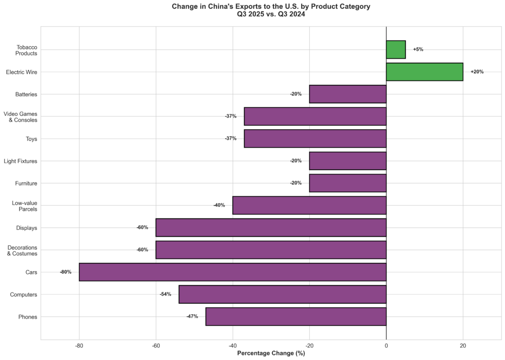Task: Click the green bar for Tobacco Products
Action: click(396, 49)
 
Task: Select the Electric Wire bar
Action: click(424, 72)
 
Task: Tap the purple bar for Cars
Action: click(232, 272)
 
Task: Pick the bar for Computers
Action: click(282, 294)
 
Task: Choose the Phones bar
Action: click(295, 317)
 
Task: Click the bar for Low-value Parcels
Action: click(309, 205)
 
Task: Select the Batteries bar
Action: click(347, 94)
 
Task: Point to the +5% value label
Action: click(418, 49)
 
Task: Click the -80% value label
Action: click(66, 272)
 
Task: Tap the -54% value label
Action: click(165, 294)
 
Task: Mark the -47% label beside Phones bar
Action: click(192, 317)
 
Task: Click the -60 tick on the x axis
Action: click(156, 346)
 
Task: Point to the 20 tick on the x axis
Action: click(463, 346)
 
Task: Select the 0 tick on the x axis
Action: click(386, 346)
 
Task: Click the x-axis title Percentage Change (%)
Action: click(271, 353)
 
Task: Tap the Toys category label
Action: click(31, 139)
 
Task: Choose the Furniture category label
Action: click(26, 183)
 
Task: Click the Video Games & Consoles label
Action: click(20, 116)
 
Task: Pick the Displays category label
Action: click(27, 228)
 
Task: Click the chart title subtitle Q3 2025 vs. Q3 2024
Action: click(271, 14)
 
